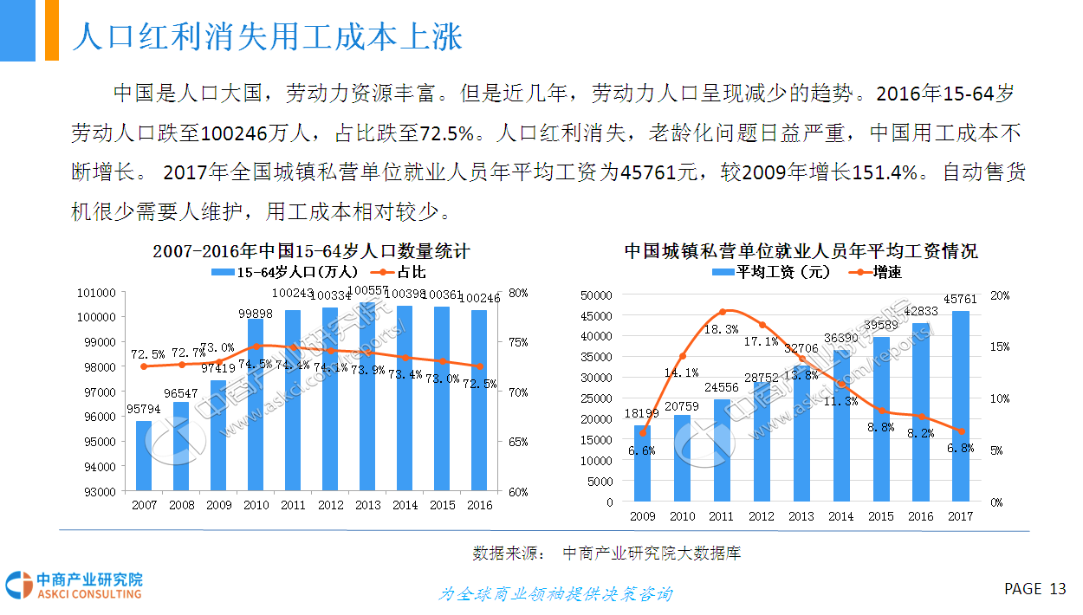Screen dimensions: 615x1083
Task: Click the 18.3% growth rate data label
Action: (721, 329)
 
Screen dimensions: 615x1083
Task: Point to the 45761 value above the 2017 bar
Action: (960, 299)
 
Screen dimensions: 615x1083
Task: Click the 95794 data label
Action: (144, 409)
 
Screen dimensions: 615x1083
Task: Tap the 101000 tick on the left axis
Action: (96, 293)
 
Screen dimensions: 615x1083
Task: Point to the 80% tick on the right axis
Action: (518, 293)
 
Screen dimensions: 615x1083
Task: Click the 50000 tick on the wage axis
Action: (596, 295)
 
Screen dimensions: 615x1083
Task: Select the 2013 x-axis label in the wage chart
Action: (801, 516)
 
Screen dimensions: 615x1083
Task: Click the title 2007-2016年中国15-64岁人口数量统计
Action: (311, 251)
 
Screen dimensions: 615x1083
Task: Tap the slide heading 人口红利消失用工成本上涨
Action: (267, 37)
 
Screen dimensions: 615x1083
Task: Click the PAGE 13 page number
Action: (1035, 589)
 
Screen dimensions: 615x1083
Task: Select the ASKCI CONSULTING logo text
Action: (89, 594)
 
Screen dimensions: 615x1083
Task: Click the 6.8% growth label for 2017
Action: (960, 449)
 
